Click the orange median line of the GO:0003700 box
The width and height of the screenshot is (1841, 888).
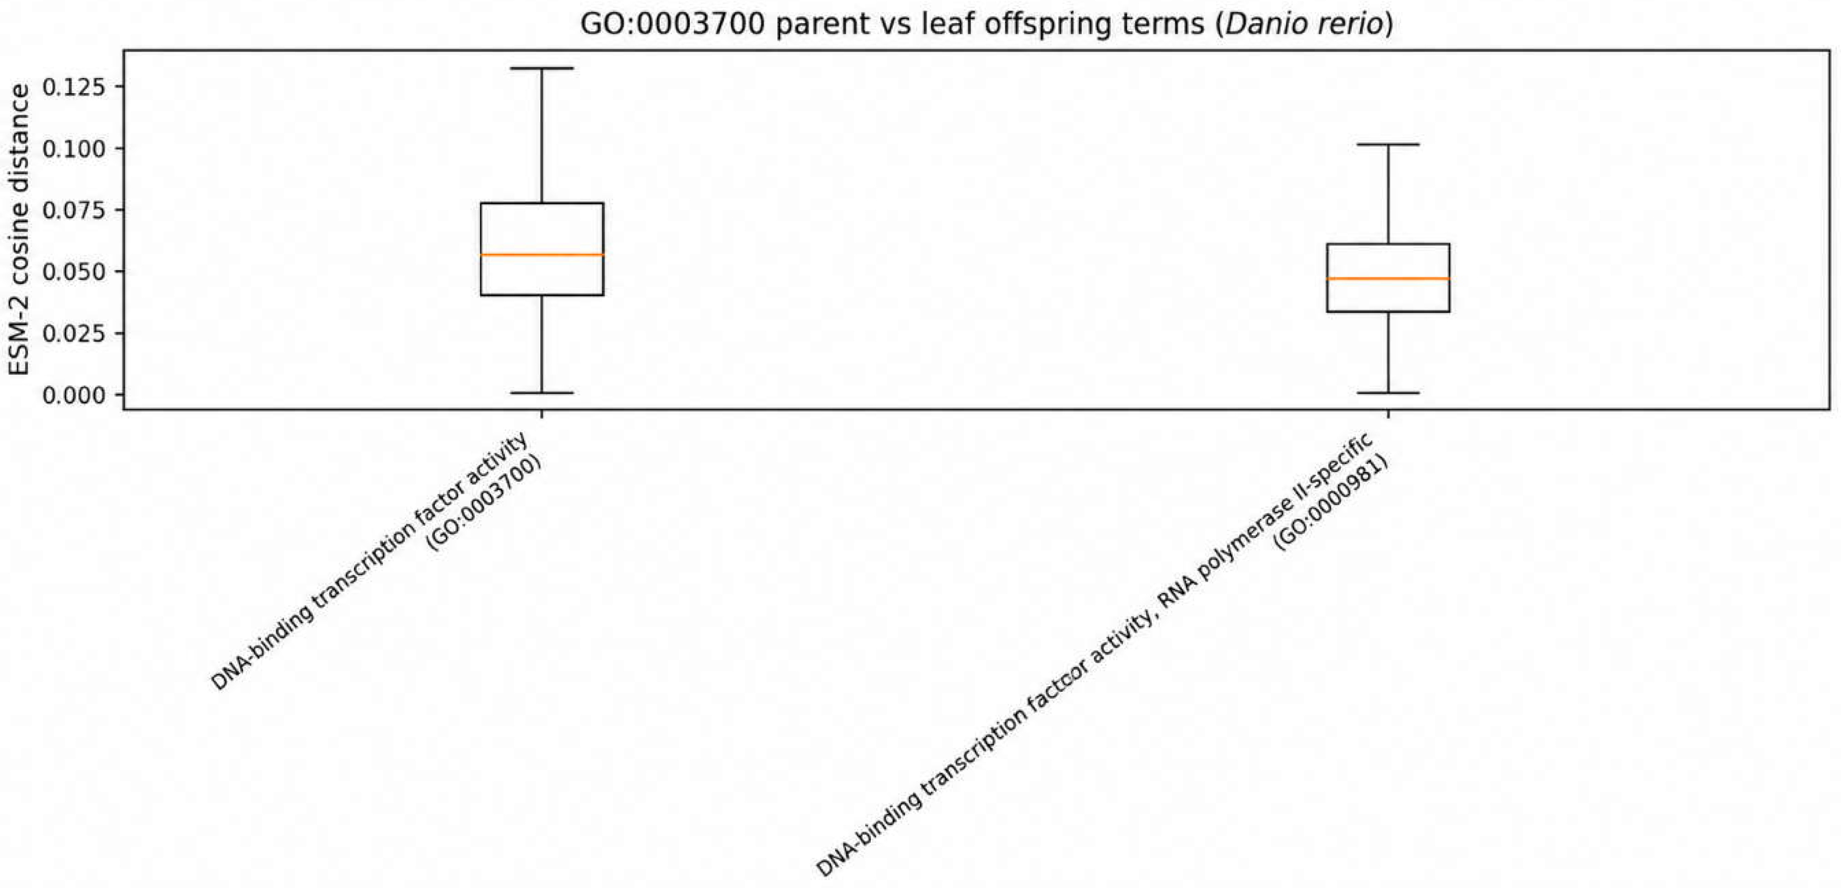point(542,255)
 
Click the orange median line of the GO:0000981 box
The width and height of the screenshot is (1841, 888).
point(1388,278)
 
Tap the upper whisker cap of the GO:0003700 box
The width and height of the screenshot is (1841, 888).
point(542,68)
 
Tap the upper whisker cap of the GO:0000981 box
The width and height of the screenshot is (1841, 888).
point(1388,144)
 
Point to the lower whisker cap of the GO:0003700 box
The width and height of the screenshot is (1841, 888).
point(542,392)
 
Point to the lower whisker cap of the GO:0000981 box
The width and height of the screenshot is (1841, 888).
point(1388,392)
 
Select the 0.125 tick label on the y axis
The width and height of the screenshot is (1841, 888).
point(73,87)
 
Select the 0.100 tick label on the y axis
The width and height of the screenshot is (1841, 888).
point(73,149)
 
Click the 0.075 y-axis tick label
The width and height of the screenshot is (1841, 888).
point(73,210)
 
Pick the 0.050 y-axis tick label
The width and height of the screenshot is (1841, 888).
point(73,272)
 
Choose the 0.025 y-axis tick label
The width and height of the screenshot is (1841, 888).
point(73,333)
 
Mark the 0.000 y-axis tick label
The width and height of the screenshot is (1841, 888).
point(73,394)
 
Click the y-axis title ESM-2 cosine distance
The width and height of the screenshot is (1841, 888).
point(19,229)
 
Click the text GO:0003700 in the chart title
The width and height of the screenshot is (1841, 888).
point(671,24)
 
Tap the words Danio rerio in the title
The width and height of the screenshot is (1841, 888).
point(1304,24)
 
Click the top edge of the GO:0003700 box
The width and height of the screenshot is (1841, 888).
point(542,204)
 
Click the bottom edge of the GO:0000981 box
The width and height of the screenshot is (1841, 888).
point(1388,312)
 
